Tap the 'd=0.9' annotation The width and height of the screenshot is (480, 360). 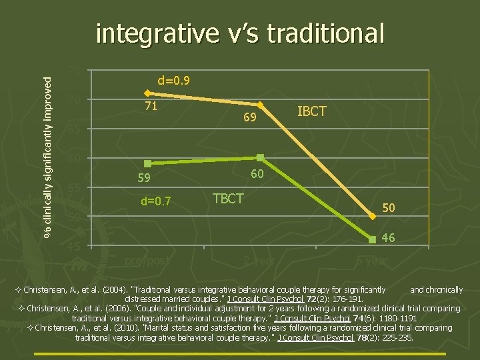click(174, 81)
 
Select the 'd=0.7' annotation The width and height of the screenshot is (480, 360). click(155, 201)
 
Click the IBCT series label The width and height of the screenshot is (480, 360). click(311, 111)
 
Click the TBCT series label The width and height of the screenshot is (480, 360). click(228, 198)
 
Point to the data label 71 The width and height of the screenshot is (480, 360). click(151, 106)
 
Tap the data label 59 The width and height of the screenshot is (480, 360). click(144, 179)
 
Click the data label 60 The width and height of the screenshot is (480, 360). click(257, 174)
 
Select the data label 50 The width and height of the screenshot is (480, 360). click(388, 209)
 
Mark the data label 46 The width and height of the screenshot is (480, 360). click(388, 237)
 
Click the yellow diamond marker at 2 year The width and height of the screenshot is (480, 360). click(261, 105)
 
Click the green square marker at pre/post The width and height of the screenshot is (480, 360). click(147, 163)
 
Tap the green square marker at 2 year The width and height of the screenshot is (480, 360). click(261, 157)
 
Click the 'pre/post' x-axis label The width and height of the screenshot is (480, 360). click(147, 260)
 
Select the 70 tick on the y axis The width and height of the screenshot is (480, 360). click(74, 100)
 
